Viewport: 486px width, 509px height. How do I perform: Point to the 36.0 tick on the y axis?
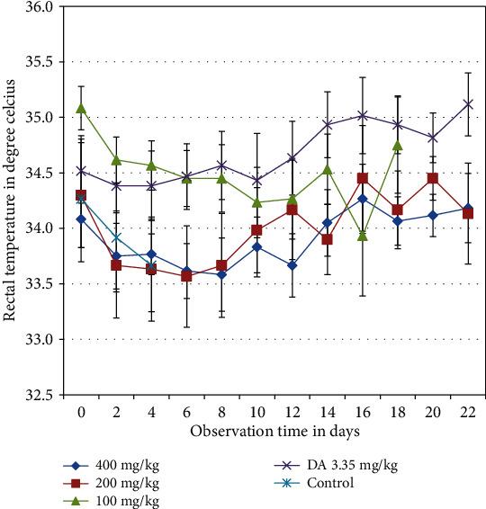41,6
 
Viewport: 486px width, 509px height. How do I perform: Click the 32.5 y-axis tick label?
41,395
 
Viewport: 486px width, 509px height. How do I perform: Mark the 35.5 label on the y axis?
41,62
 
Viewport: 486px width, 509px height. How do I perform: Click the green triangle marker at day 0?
81,108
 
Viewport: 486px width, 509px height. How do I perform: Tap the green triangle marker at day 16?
362,236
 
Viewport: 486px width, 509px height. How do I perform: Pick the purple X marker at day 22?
466,103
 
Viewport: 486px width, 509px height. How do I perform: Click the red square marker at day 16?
362,178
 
